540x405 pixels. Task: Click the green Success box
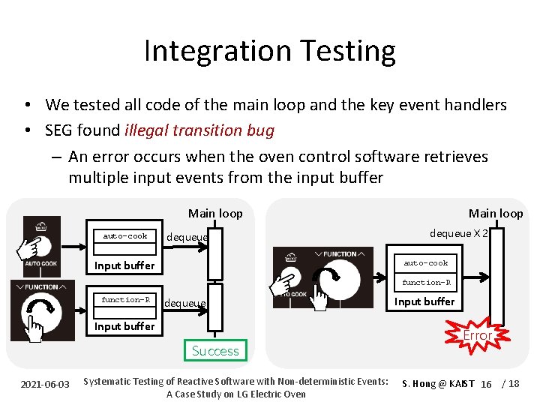[215, 350]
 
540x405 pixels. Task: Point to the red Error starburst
[477, 335]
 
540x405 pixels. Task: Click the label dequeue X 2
[459, 233]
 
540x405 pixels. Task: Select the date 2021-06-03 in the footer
[45, 384]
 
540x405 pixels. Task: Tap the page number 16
[486, 384]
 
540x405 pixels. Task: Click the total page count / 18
[511, 384]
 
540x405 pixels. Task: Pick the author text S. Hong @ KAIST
[438, 384]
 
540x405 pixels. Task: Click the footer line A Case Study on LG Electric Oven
[235, 394]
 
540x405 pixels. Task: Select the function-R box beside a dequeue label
[126, 300]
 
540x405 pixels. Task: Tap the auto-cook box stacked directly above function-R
[426, 263]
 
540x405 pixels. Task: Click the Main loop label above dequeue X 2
[496, 214]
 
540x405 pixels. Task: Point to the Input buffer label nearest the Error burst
[424, 301]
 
